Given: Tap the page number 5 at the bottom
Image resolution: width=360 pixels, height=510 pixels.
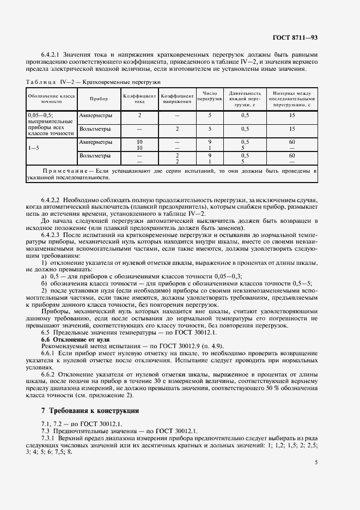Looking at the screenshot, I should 316,462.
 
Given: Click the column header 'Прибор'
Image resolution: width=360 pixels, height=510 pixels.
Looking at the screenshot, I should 99,99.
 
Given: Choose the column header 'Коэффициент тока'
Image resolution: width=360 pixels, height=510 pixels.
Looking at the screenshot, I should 139,99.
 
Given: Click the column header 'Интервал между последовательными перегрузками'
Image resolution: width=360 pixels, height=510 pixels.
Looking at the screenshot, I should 292,99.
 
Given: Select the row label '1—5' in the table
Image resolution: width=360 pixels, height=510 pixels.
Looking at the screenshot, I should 34,147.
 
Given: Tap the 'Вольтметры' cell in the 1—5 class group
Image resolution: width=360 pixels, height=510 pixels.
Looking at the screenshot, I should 95,156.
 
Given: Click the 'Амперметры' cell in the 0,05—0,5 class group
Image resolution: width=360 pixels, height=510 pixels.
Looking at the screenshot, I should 96,116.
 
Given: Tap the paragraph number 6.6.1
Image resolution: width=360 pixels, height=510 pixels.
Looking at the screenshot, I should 48,354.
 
